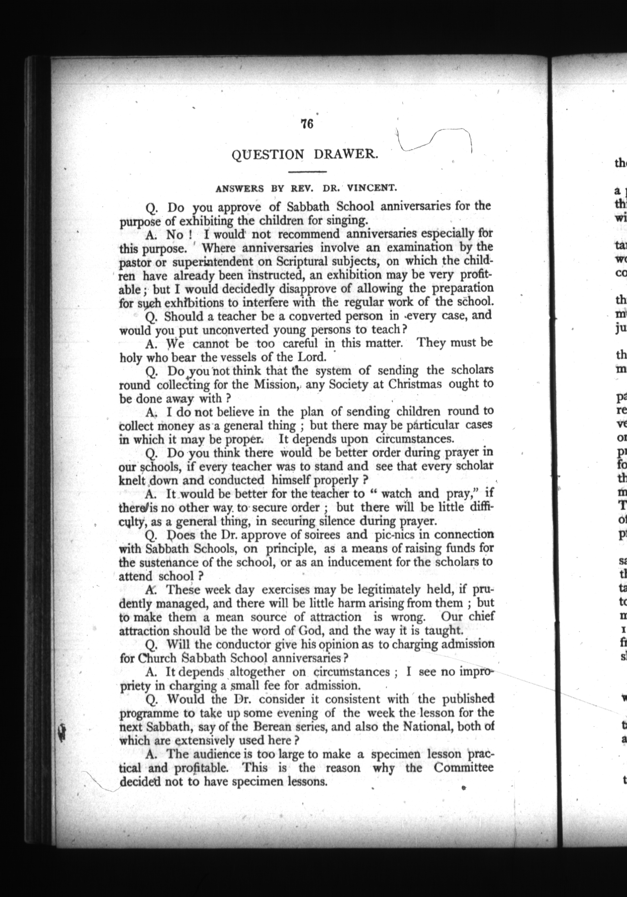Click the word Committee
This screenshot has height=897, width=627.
[x=463, y=768]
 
